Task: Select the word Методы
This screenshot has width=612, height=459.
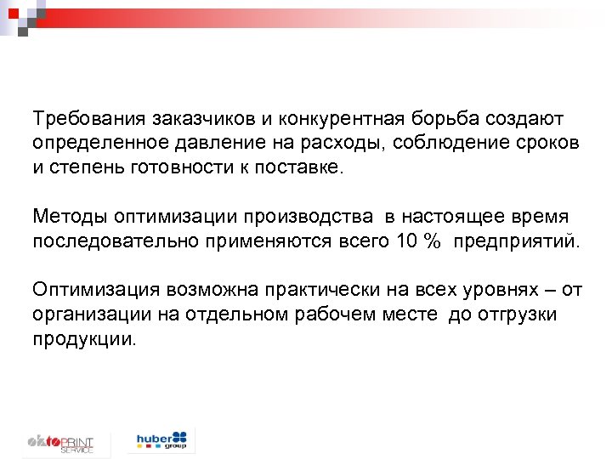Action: [68, 217]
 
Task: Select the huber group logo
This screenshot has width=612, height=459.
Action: [165, 440]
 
